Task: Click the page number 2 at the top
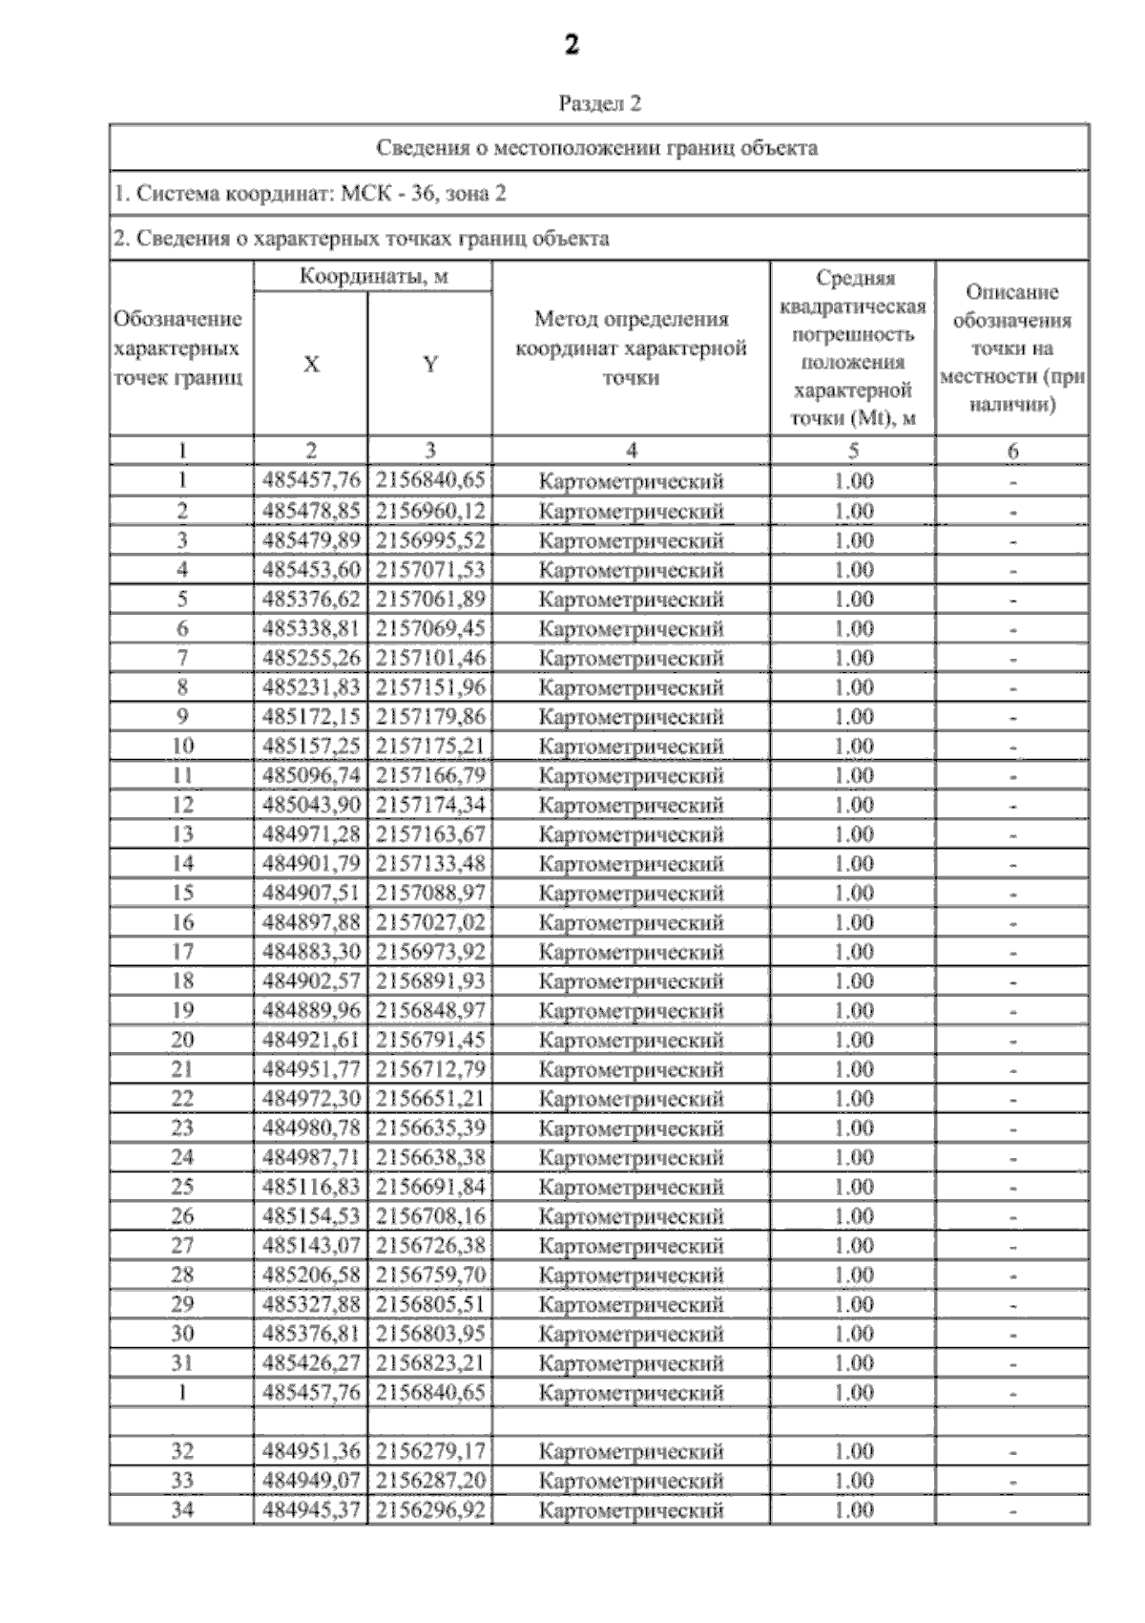pos(571,45)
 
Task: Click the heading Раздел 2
pos(598,104)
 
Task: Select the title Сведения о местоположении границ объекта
pos(597,148)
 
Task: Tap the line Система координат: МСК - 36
pos(310,194)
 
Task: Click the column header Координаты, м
pos(373,277)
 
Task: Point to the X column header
pos(311,365)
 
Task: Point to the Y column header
pos(430,365)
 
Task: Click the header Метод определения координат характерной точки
pos(631,348)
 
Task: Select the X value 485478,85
pos(311,511)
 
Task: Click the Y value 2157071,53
pos(430,570)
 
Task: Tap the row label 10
pos(181,747)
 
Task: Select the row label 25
pos(181,1188)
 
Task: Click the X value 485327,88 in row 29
pos(311,1305)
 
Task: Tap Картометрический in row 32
pos(631,1452)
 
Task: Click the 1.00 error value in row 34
pos(853,1510)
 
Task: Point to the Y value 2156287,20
pos(430,1481)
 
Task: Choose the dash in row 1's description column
pos(1012,482)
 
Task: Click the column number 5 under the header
pos(853,451)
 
